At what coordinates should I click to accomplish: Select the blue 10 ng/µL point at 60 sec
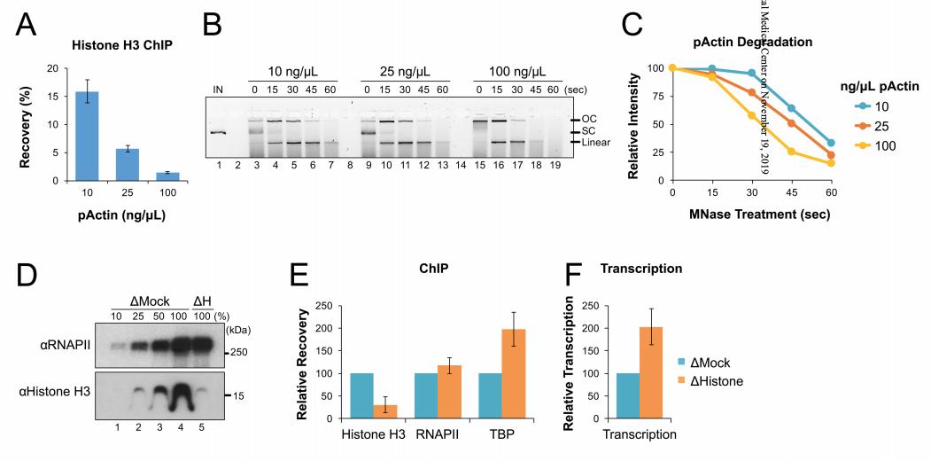click(831, 143)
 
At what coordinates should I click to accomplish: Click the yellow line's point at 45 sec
click(791, 152)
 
